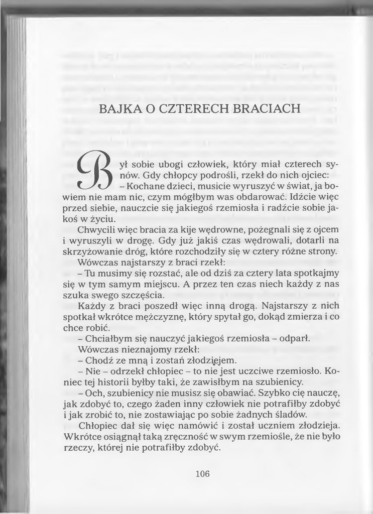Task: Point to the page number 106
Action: (x=202, y=473)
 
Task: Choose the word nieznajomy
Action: (x=143, y=349)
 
